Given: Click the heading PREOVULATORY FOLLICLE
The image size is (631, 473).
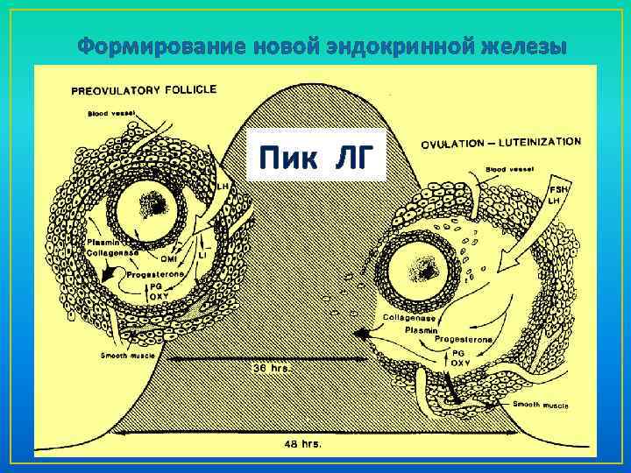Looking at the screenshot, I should (x=145, y=89).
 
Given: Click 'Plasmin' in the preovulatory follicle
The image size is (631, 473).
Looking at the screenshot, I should (x=103, y=242).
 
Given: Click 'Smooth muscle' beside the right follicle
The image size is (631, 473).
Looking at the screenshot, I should (x=539, y=406).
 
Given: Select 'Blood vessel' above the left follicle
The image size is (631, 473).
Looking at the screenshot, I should (x=109, y=113).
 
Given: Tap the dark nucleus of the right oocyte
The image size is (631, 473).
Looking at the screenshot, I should (x=430, y=273).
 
